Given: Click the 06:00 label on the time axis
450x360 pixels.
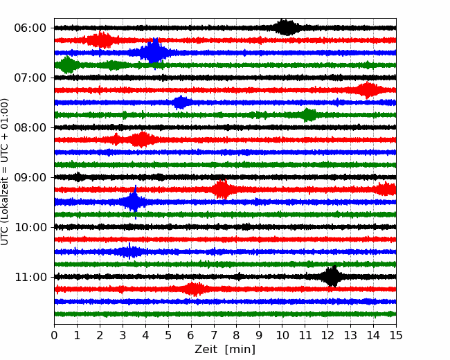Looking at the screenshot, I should tap(30, 28).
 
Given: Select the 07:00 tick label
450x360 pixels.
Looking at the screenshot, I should tap(30, 78).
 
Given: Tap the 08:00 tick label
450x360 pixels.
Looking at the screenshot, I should tap(30, 127).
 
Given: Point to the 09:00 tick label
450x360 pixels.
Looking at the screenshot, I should tap(30, 177).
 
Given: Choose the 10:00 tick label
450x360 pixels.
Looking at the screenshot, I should tap(30, 227).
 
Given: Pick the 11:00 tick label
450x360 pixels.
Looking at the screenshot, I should tap(30, 277).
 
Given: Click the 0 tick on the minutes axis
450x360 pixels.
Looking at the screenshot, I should tap(55, 336).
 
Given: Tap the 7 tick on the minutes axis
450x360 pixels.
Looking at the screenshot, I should tap(214, 336).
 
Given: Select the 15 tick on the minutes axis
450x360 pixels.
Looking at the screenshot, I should tap(396, 336).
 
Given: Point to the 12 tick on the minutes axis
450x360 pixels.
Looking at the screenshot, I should tap(327, 336).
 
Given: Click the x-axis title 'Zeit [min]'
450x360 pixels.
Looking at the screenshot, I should tap(225, 350).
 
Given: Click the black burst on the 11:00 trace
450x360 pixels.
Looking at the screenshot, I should tap(332, 277).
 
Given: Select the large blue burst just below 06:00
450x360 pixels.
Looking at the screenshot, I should tap(153, 53).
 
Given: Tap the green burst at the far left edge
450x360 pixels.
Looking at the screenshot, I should tap(67, 65).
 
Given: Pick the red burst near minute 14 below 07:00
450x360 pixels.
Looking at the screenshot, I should tap(368, 90).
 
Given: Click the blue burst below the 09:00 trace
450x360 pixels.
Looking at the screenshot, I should tap(134, 202).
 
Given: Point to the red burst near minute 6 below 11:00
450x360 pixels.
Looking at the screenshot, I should tap(195, 289).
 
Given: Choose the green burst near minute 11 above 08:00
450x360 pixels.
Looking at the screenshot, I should tap(309, 115).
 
